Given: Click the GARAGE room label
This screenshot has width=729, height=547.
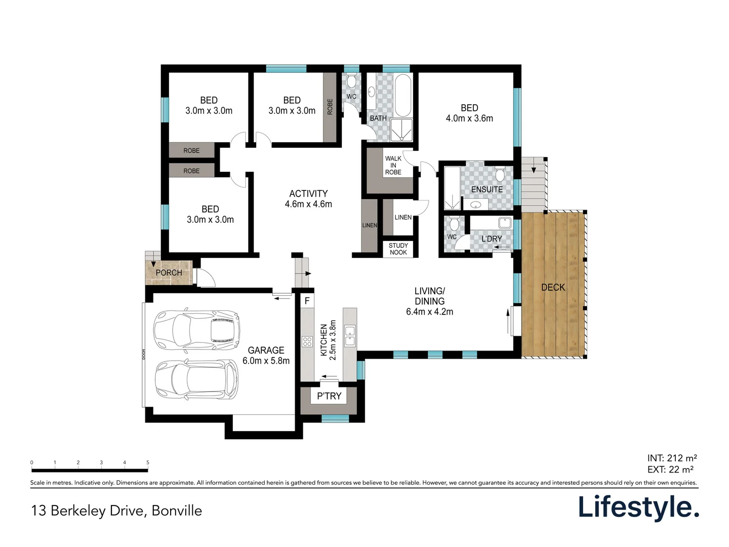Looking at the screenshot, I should tap(266, 350).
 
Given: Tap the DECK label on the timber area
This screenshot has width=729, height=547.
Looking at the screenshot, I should tap(553, 287).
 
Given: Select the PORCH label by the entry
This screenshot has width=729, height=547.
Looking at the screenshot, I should tap(169, 272).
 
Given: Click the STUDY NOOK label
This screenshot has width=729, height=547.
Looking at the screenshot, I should tap(398, 249).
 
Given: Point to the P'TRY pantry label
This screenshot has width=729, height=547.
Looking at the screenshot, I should tap(329, 396).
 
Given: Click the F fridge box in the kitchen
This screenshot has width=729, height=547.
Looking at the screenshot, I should tap(307, 301).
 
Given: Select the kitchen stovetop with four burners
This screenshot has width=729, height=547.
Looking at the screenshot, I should tap(307, 341).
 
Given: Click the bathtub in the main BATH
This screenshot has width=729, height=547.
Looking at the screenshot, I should tap(403, 96).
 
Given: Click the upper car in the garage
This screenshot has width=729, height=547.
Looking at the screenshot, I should tap(196, 330).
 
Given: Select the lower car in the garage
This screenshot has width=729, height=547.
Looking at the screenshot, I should tap(196, 380).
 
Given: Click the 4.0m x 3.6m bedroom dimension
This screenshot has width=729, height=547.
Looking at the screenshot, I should tap(469, 119).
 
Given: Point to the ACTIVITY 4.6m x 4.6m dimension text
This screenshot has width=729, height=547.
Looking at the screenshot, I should tap(308, 204).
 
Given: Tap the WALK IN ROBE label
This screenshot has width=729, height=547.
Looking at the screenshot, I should tap(393, 166).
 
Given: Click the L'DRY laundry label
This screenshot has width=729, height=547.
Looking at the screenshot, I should tap(492, 239).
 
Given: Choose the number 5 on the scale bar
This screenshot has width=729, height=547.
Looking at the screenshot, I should tap(148, 462).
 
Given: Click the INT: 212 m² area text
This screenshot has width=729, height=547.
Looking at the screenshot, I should tap(672, 458).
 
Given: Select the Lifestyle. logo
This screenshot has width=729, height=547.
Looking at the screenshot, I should tap(638, 507).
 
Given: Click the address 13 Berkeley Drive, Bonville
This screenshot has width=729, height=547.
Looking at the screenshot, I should tap(116, 511).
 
